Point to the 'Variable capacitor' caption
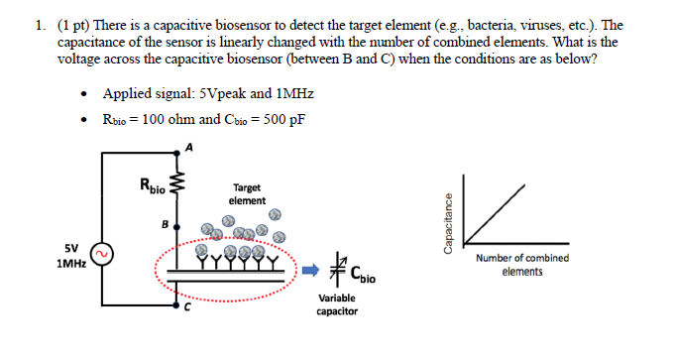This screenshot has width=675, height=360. (338, 304)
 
